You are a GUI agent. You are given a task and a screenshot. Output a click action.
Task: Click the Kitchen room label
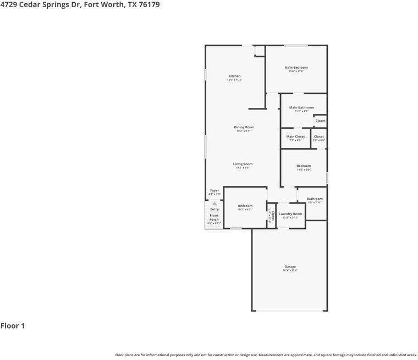point(234,76)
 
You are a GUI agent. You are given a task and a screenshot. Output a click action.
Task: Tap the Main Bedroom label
point(296,68)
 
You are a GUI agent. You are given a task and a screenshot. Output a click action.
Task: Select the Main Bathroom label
point(301,107)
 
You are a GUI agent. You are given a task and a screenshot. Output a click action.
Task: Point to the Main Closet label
point(295,137)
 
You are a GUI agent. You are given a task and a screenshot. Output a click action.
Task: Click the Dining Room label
point(244,127)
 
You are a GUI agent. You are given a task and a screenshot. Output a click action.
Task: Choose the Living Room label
point(243,164)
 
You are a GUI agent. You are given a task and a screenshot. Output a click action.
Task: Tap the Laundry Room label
point(290,214)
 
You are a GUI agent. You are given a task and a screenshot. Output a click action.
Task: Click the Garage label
point(290,266)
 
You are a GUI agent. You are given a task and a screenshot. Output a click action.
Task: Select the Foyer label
point(215,190)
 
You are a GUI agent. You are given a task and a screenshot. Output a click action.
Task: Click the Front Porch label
point(214,217)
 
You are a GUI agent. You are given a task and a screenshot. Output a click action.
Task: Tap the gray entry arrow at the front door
point(215,203)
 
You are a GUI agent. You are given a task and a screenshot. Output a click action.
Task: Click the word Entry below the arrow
point(215,209)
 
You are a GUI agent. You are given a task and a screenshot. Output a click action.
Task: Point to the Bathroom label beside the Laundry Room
point(315,199)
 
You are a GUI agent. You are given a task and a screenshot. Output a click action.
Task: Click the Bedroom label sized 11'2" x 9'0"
point(304,166)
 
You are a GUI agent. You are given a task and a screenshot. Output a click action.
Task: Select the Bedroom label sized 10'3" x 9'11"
point(245,206)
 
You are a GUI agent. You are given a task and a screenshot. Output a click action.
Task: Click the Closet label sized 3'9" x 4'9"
point(318,137)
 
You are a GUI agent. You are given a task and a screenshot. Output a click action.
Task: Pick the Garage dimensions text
point(290,270)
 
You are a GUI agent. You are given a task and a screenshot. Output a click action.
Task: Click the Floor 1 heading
point(13,326)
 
